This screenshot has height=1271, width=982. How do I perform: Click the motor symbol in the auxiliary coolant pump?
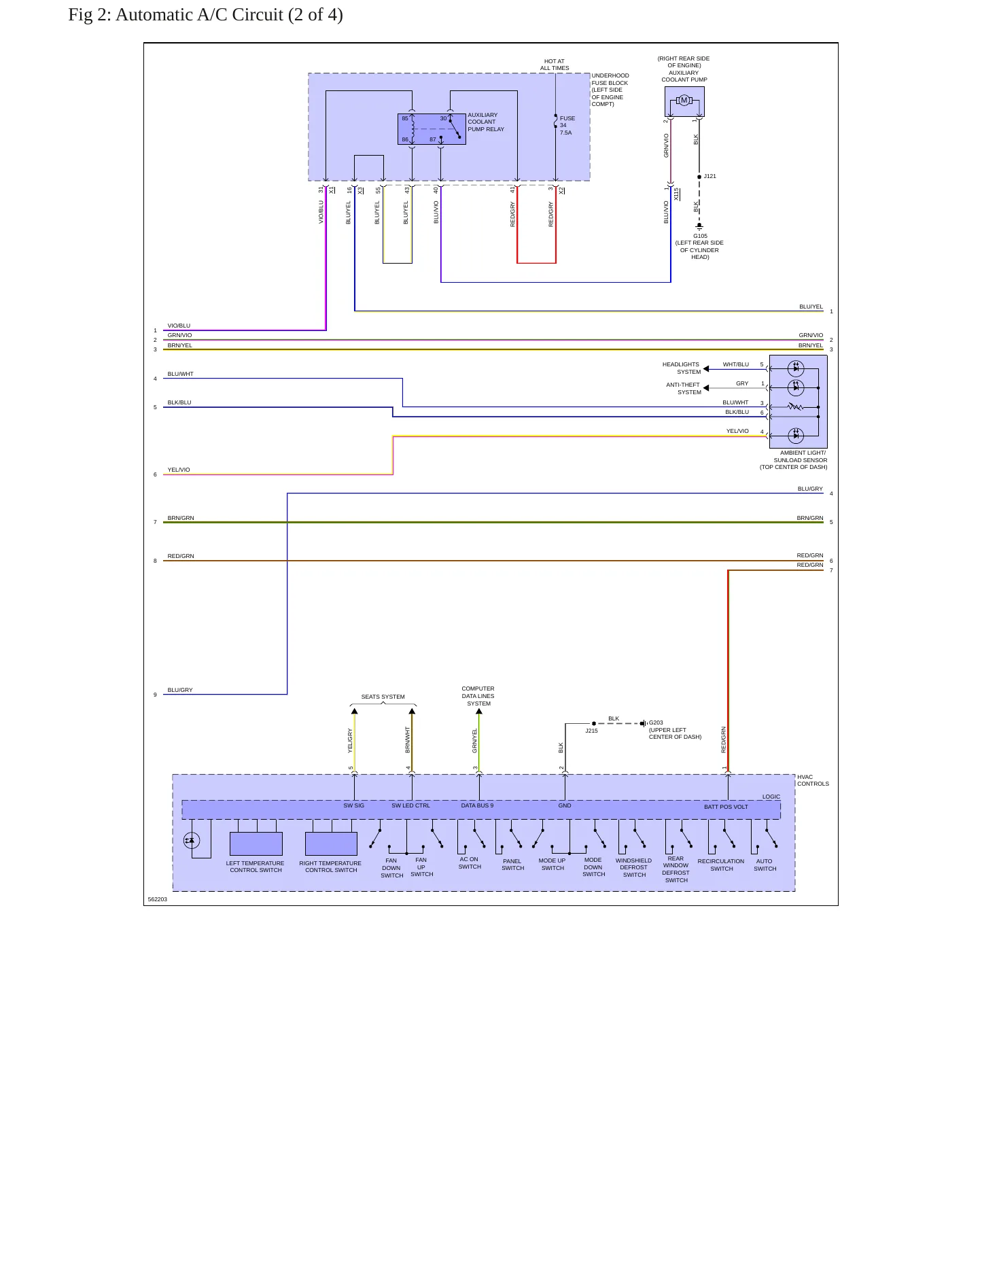pos(684,101)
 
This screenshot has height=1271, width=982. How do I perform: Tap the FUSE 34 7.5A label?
pos(567,126)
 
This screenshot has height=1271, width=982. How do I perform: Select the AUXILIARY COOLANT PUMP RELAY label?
pos(486,122)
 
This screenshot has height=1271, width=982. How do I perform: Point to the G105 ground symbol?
pos(699,227)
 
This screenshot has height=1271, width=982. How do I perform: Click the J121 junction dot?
pos(699,177)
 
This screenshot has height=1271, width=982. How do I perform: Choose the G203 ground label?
pos(656,723)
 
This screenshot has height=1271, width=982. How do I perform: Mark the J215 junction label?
pos(592,731)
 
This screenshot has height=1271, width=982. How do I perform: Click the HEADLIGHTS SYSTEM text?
pos(682,368)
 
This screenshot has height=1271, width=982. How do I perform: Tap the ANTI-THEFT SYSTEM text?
pos(684,389)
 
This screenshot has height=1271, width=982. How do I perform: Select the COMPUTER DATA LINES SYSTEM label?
pos(478,696)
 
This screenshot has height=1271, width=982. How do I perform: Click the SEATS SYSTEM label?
pos(383,697)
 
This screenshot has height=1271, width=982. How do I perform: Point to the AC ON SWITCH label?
pos(470,863)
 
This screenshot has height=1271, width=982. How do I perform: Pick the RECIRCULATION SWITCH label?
pos(721,865)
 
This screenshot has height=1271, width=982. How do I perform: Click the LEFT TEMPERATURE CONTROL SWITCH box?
pos(256,844)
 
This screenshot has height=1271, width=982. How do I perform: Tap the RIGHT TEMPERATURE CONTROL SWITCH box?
pos(331,844)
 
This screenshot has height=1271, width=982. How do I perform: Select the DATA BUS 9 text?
pos(478,805)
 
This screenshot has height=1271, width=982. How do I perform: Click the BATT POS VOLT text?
pos(726,807)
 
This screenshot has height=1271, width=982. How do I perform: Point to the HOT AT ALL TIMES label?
pos(555,65)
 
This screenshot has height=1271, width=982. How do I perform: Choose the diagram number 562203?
pos(158,899)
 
